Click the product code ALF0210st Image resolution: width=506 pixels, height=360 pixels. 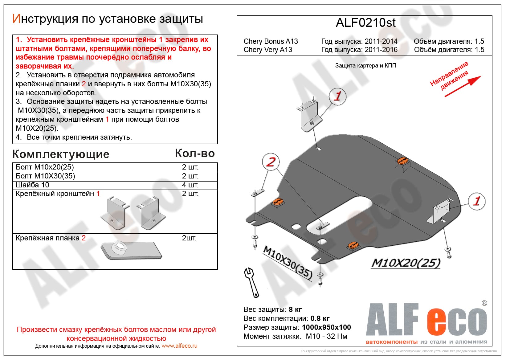coord(365,23)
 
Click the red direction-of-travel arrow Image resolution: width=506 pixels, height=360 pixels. coord(463,86)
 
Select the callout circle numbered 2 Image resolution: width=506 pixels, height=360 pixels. coord(271,162)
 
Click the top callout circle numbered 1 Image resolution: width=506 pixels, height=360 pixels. coord(338,96)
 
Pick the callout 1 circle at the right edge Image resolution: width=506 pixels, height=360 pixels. coord(476,201)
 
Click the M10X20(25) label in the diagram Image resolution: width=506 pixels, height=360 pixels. coord(406,263)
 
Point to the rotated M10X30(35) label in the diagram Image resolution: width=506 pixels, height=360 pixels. coord(288,263)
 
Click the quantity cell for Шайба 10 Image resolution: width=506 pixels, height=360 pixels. coord(190,185)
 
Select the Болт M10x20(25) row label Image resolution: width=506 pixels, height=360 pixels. coord(45,167)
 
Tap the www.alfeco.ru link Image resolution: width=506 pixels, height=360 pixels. coord(179,346)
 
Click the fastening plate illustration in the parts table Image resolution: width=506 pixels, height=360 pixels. coord(131,250)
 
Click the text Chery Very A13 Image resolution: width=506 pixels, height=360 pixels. coord(268,50)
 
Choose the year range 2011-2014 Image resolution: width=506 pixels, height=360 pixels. coord(381,41)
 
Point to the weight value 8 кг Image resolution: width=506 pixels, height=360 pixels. coord(295,309)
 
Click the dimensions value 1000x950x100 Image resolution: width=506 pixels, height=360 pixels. coord(326,327)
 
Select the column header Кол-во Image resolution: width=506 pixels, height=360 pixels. coord(195,153)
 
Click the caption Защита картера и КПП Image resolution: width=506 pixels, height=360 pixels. coord(365,66)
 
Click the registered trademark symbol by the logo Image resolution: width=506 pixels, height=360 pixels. coord(484,303)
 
